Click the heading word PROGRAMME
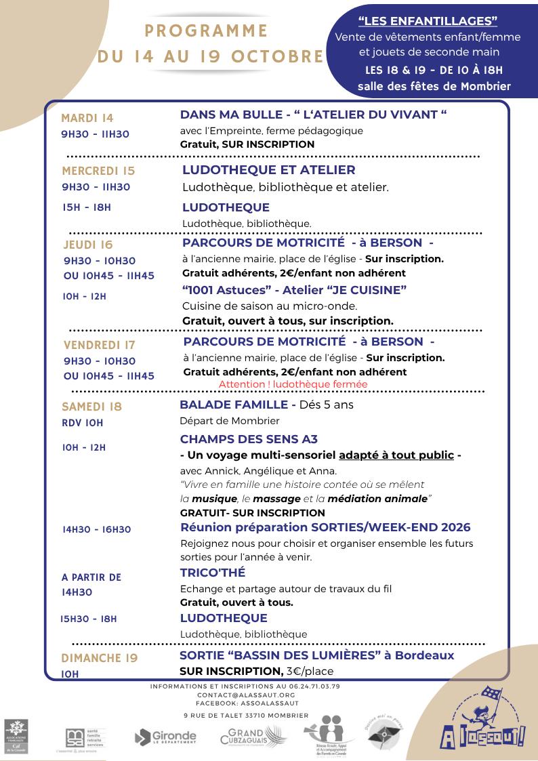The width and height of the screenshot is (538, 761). pos(207,31)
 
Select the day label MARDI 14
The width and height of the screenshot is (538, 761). pos(87,117)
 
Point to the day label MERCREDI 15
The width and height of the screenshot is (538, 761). pos(98,171)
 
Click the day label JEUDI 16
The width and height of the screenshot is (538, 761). pos(88,245)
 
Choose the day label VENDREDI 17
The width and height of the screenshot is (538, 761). pos(99,346)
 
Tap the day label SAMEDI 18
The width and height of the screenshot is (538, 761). pos(91,407)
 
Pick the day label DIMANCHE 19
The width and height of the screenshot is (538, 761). pos(99,658)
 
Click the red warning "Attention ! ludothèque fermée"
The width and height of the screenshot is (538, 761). pos(293,384)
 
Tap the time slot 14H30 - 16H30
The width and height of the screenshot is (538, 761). pos(96,529)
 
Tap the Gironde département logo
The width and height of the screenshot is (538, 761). pos(165,737)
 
